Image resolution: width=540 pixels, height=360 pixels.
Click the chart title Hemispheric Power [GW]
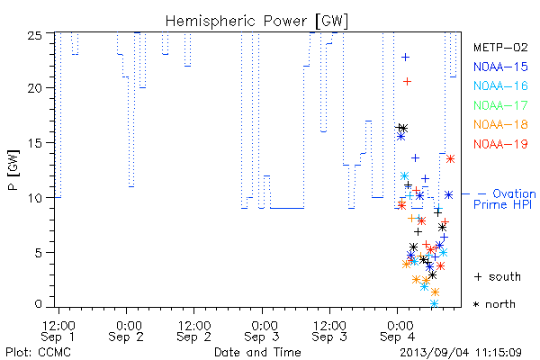pos(256,22)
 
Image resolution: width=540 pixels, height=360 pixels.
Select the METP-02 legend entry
pos(500,47)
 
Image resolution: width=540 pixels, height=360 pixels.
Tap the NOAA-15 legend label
pos(500,67)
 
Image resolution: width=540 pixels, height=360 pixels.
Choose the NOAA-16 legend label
pos(500,85)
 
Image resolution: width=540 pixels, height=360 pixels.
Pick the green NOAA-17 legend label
pos(500,105)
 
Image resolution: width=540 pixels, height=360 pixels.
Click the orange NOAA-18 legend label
pos(500,124)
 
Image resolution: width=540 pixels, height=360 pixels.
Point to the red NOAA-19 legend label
pos(500,144)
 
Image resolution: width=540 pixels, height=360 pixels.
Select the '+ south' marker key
pos(498,276)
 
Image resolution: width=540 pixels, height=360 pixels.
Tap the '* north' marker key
pos(494,304)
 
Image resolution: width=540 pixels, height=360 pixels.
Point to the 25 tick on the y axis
pos(34,35)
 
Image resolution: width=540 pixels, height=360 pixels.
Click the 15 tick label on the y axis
pos(34,142)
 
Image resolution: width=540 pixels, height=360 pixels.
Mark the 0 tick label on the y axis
pos(38,304)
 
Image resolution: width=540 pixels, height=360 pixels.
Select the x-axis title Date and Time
pos(257,352)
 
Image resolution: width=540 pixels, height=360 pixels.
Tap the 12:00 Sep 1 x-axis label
pos(58,331)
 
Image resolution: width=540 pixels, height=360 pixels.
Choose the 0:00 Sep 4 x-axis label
pos(399,331)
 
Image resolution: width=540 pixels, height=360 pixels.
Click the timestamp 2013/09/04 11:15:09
pos(461,353)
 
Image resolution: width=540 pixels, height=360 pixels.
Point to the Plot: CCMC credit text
pos(38,353)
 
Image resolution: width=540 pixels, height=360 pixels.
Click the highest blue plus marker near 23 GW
pos(405,57)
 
